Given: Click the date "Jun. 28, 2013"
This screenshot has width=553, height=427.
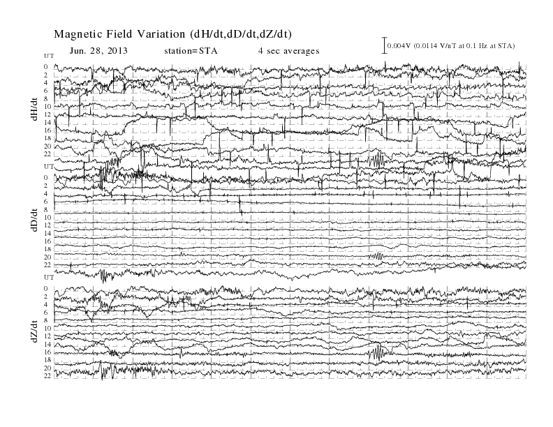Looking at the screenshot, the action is pos(98,51).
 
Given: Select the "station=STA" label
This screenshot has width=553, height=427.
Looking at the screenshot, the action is pos(191,51).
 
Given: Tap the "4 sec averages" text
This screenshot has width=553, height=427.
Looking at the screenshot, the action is pos(288,51).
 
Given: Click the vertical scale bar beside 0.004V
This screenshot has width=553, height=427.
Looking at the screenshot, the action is pos(385,45).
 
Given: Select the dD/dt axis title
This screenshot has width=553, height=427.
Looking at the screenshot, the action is pos(35,220).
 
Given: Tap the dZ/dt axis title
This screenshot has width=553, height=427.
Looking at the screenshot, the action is pos(35,331).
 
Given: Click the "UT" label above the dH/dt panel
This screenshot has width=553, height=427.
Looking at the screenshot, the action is pos(49,56).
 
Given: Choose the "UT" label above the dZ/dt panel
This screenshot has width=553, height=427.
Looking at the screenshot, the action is pos(49,278).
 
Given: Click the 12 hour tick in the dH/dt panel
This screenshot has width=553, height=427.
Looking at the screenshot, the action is pos(48,114).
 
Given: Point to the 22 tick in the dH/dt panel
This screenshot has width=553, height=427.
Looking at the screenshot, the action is pos(48,154).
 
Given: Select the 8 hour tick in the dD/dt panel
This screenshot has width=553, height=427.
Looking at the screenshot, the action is pos(46,209).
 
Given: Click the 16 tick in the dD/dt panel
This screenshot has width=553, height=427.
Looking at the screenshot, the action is pos(48,241).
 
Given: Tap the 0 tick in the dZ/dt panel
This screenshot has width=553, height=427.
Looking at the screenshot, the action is pos(46,289).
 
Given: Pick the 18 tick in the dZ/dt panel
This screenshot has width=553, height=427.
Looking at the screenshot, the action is pos(48,360).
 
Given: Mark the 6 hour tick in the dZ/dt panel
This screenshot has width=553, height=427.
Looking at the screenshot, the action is pos(46,313).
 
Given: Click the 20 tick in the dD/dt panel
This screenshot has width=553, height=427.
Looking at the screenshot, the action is pos(48,257).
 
